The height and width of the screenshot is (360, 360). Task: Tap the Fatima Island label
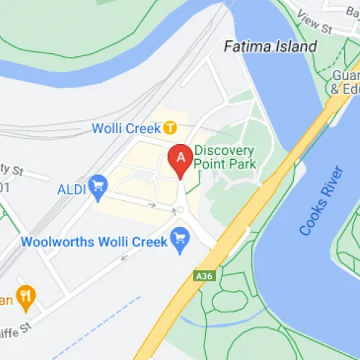pos(270,47)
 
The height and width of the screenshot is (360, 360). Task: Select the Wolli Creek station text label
pos(126,128)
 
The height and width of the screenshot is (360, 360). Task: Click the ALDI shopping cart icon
pos(96,189)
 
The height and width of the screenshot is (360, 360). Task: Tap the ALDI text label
pos(71,189)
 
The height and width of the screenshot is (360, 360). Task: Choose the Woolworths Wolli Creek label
pos(94,242)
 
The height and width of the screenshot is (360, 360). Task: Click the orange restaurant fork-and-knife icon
pos(27,294)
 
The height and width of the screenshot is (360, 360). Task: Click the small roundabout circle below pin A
pos(180,210)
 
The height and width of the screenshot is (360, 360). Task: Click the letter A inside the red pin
pos(180,154)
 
